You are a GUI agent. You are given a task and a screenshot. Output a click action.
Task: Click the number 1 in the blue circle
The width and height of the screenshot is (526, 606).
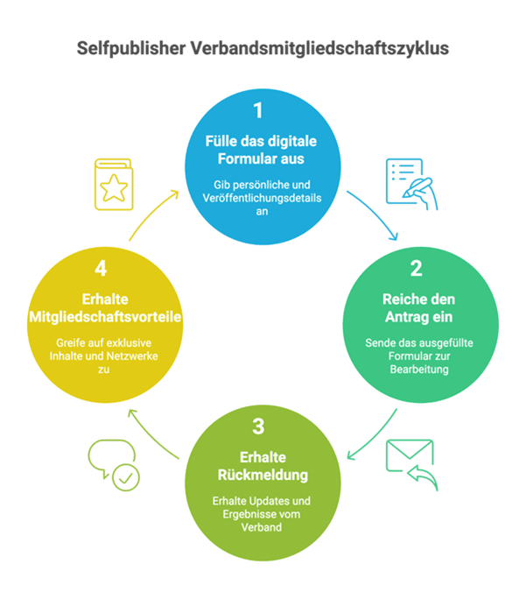(258, 111)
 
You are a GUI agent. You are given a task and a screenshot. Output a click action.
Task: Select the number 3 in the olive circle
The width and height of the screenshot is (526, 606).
(258, 426)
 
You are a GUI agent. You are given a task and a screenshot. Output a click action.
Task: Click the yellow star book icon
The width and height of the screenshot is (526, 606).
(110, 185)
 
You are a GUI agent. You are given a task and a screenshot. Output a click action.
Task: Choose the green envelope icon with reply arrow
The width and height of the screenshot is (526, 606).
(410, 465)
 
